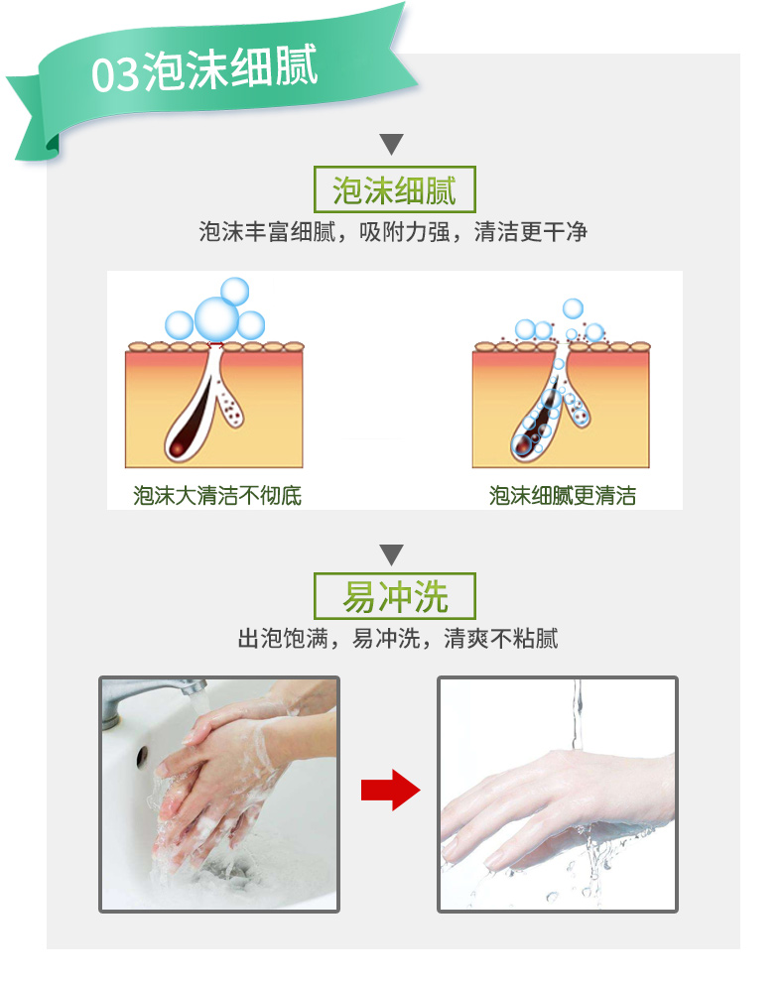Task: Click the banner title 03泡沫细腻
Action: pyautogui.click(x=204, y=69)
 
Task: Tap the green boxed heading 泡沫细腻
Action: pyautogui.click(x=395, y=189)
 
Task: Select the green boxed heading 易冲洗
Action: pyautogui.click(x=395, y=596)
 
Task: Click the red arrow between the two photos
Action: pyautogui.click(x=390, y=790)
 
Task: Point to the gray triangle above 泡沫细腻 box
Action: pyautogui.click(x=391, y=143)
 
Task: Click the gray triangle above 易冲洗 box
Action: pyautogui.click(x=391, y=554)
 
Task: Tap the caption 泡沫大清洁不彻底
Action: pyautogui.click(x=217, y=496)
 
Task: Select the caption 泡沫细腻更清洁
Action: pyautogui.click(x=563, y=496)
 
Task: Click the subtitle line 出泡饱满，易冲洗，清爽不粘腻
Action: pyautogui.click(x=398, y=639)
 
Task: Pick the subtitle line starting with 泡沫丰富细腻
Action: pyautogui.click(x=393, y=232)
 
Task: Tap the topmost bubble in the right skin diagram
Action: pyautogui.click(x=573, y=308)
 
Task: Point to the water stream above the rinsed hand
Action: pyautogui.click(x=577, y=714)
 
